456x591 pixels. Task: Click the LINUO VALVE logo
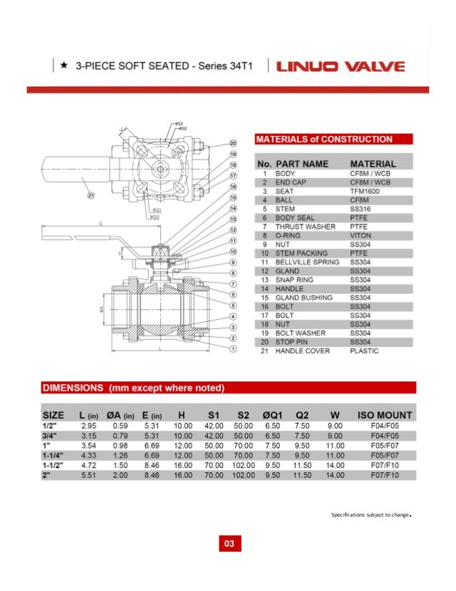(x=342, y=67)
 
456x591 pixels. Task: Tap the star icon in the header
(x=64, y=66)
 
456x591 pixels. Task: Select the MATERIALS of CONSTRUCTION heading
(x=324, y=139)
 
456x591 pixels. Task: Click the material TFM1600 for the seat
(x=365, y=192)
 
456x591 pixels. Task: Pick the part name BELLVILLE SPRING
(x=307, y=262)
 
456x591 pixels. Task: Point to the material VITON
(x=360, y=235)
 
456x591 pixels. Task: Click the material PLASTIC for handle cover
(x=365, y=351)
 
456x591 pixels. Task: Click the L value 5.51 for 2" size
(x=88, y=474)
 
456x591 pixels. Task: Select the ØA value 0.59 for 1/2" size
(x=120, y=425)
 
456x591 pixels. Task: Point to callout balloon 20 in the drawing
(x=233, y=143)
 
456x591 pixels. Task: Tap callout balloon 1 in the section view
(x=233, y=349)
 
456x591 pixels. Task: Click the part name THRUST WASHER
(x=305, y=227)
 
